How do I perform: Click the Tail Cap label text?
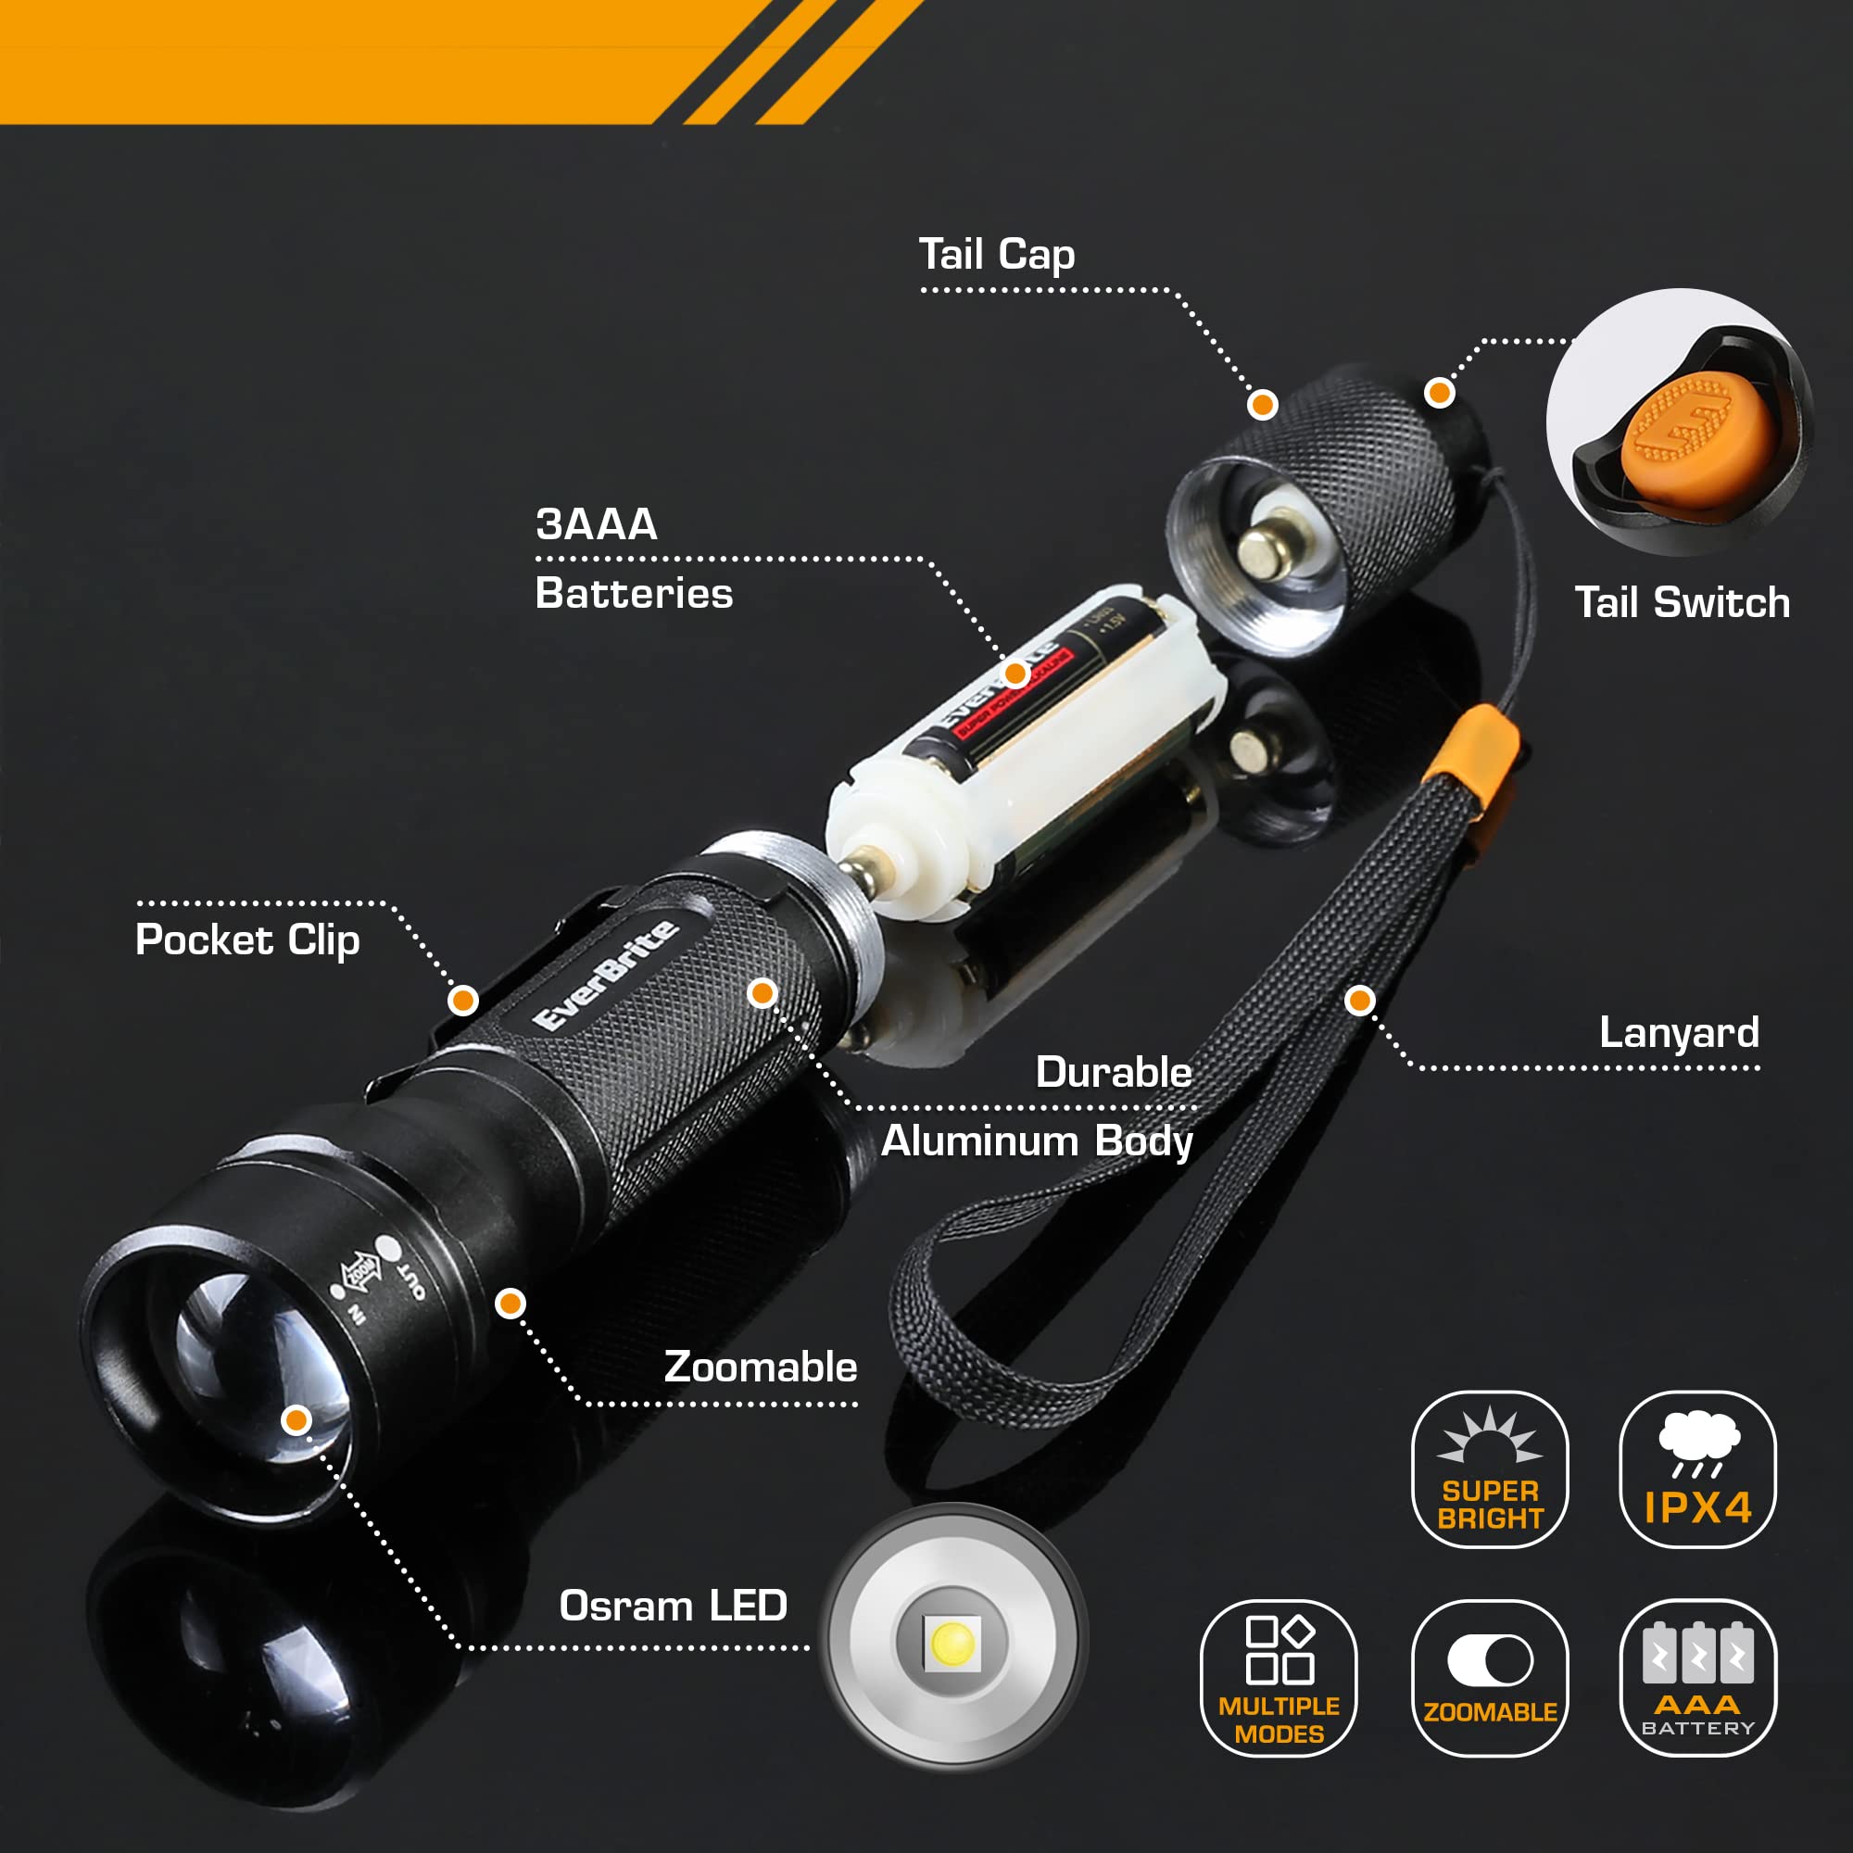[997, 255]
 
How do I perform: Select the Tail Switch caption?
[1683, 603]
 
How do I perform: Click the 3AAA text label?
[597, 523]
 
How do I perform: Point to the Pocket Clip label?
[247, 939]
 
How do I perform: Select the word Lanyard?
[1679, 1033]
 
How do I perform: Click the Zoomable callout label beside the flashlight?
[761, 1367]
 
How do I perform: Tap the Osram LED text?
[674, 1606]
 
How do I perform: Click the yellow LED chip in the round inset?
[952, 1643]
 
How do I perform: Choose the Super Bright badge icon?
[1490, 1469]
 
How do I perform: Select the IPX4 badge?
[1697, 1469]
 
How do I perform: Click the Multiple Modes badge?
[1279, 1679]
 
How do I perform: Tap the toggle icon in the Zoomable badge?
[1490, 1660]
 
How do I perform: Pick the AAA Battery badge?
[1697, 1679]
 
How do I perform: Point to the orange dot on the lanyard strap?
[1360, 1002]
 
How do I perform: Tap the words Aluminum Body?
[1037, 1141]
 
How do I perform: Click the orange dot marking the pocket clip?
[463, 1002]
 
